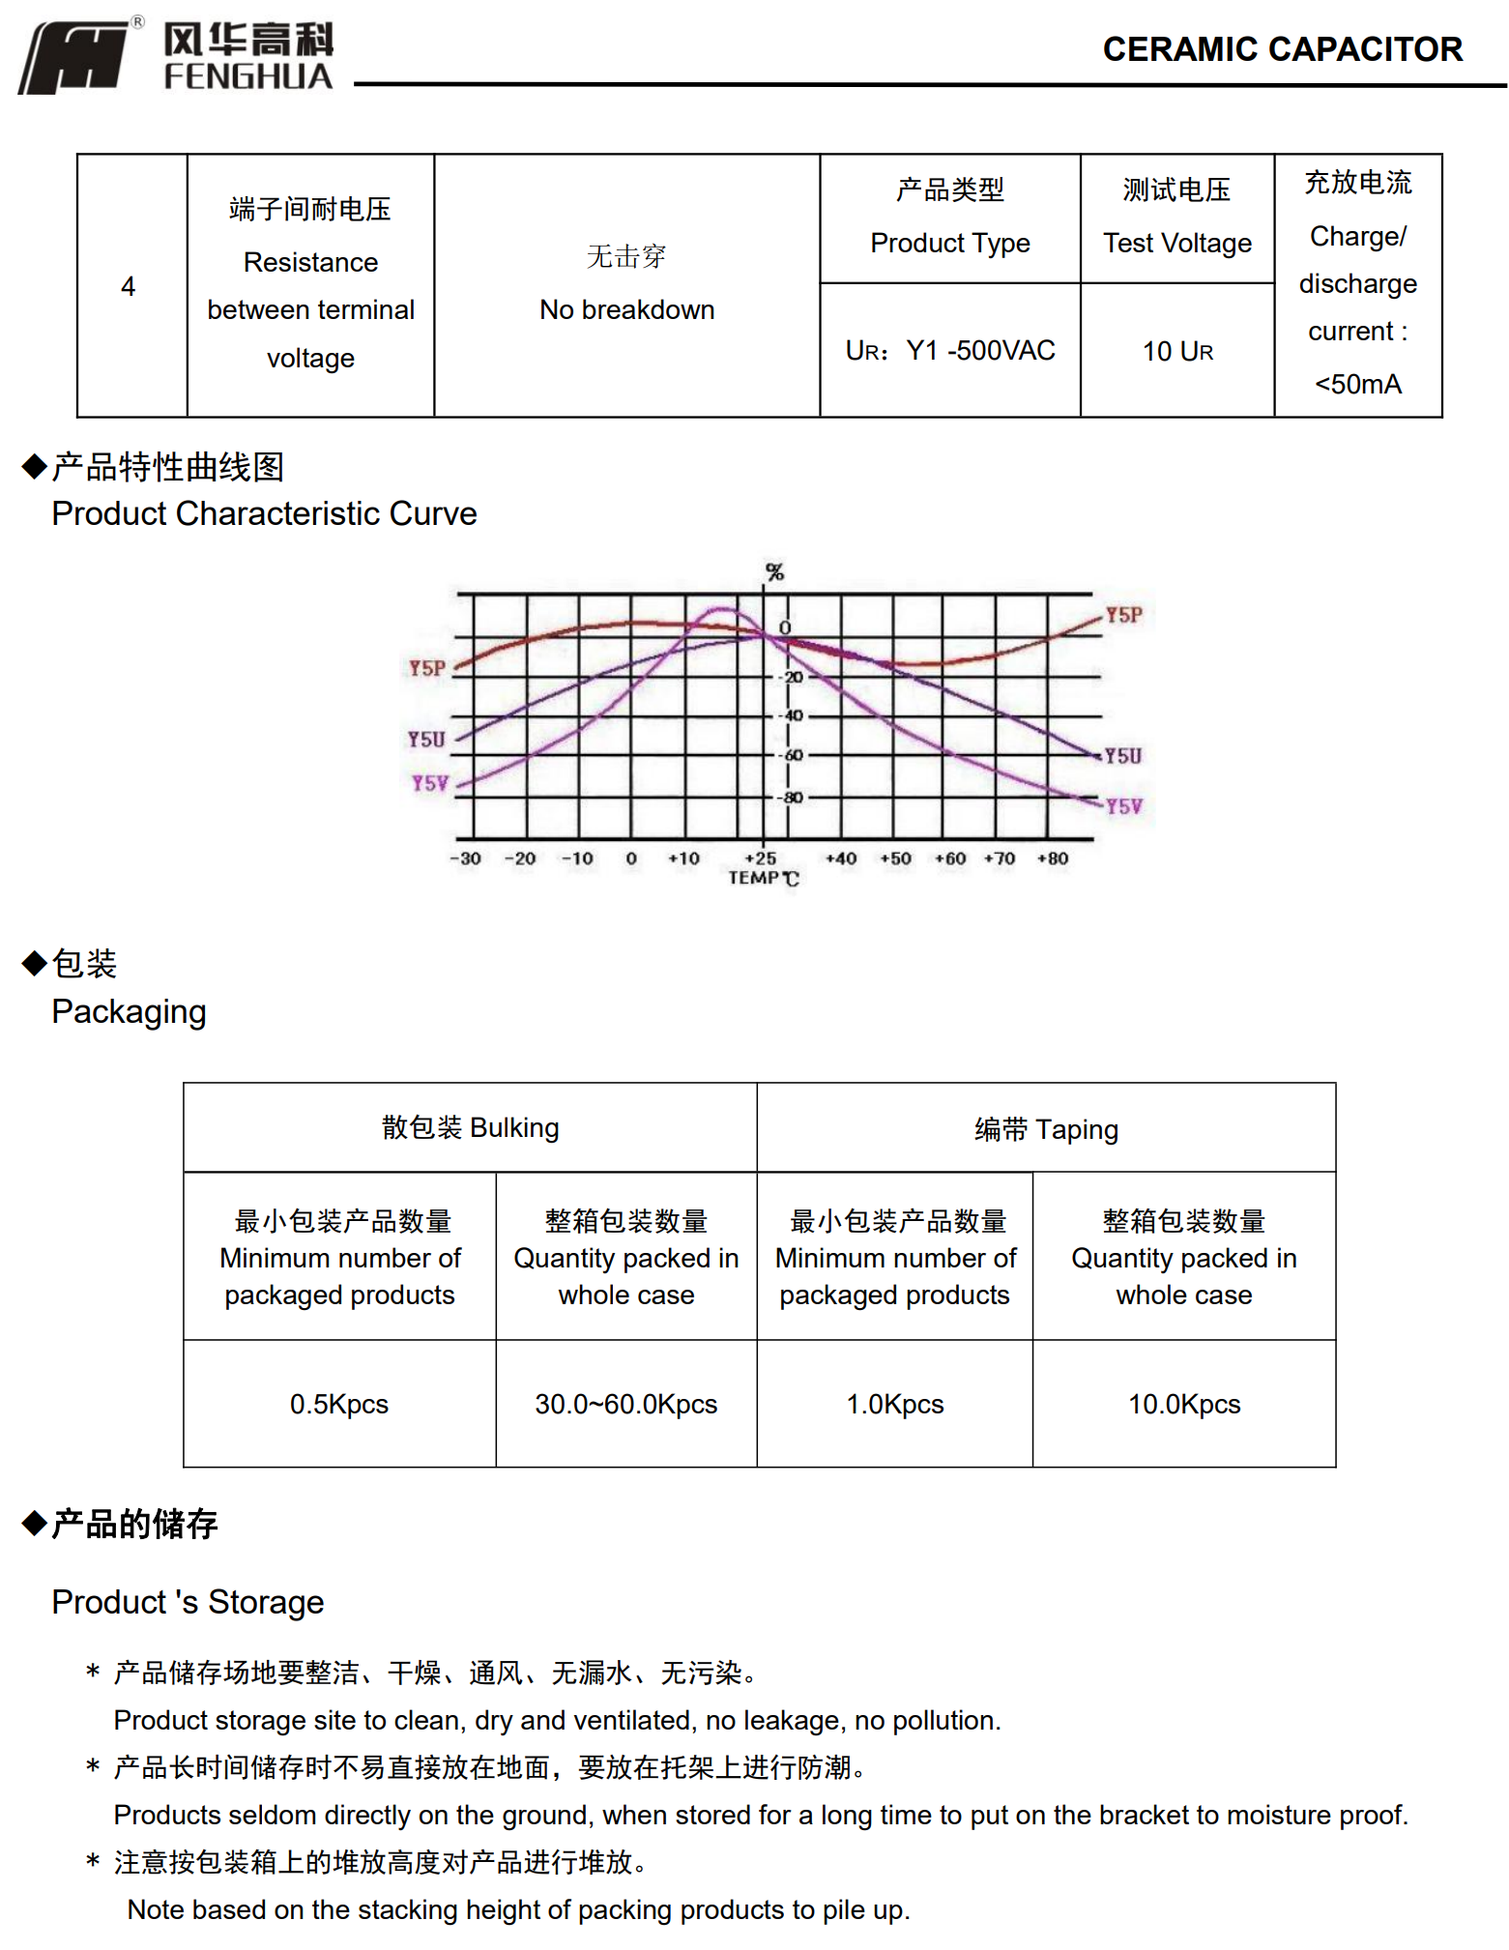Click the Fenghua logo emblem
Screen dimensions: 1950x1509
tap(75, 58)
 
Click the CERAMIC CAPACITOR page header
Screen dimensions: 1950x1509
tap(1282, 49)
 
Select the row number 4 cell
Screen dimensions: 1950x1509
tap(129, 286)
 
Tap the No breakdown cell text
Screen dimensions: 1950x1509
tap(626, 309)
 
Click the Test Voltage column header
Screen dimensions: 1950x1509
tap(1176, 243)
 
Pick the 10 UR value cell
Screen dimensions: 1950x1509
tap(1176, 351)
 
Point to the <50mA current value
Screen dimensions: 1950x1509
tap(1357, 384)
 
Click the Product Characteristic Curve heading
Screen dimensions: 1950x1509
tap(264, 513)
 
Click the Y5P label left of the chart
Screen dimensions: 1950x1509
tap(426, 668)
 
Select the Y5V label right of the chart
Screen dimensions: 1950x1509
tap(1123, 806)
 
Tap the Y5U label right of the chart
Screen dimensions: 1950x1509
tap(1122, 756)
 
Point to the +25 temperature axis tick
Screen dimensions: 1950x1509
tap(761, 858)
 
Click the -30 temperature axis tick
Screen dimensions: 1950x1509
tap(465, 858)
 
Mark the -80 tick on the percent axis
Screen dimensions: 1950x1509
tap(793, 798)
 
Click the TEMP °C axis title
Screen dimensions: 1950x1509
tap(763, 878)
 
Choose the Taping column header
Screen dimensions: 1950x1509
tap(1046, 1129)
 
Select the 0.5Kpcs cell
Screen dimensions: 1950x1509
tap(339, 1404)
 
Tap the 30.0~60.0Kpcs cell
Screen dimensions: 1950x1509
tap(626, 1404)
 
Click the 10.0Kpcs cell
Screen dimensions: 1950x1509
tap(1184, 1404)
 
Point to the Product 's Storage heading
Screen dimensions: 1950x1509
tap(188, 1602)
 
